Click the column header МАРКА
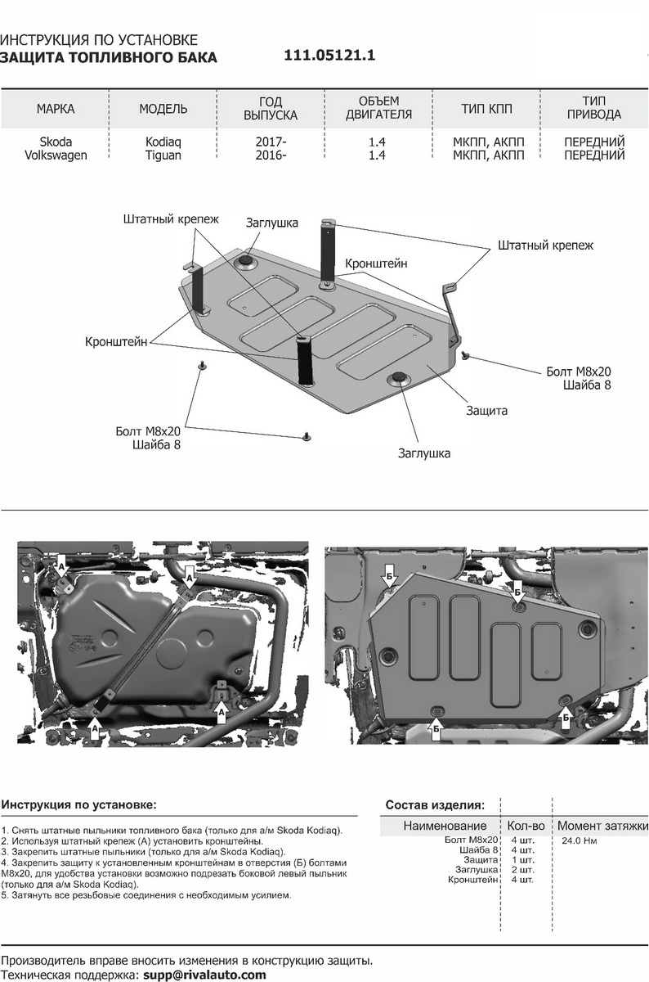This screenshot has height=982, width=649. pyautogui.click(x=56, y=109)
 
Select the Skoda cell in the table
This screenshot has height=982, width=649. pyautogui.click(x=56, y=142)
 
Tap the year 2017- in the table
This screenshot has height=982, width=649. pyautogui.click(x=271, y=142)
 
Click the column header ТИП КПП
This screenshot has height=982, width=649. pyautogui.click(x=488, y=109)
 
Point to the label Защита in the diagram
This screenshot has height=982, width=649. pyautogui.click(x=487, y=411)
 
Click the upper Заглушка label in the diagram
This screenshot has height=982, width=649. pyautogui.click(x=272, y=223)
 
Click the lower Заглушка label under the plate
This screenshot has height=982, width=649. pyautogui.click(x=425, y=453)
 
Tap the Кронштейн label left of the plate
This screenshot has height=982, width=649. pyautogui.click(x=116, y=342)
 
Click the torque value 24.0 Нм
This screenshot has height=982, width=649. pyautogui.click(x=579, y=840)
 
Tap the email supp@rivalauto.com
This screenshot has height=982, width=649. pyautogui.click(x=204, y=975)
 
